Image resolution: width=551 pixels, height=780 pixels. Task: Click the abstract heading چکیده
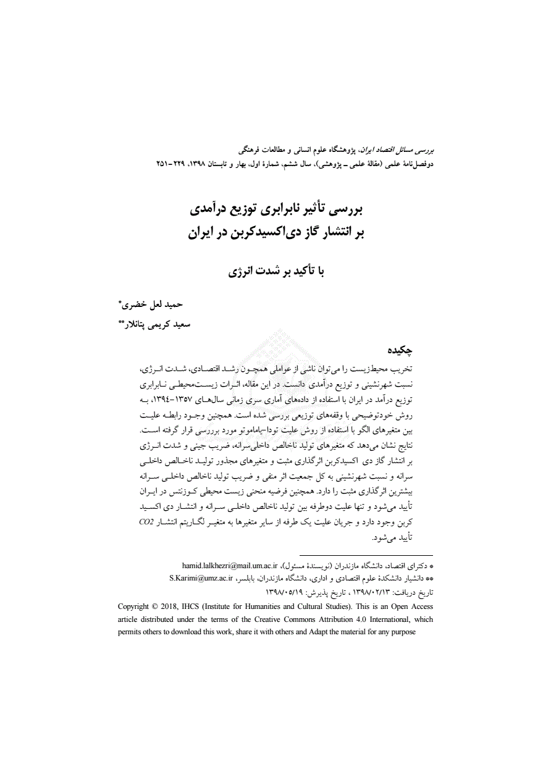pyautogui.click(x=398, y=350)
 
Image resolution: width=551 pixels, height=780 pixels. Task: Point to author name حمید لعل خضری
pyautogui.click(x=153, y=304)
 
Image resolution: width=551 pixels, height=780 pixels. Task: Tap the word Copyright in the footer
pyautogui.click(x=137, y=606)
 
